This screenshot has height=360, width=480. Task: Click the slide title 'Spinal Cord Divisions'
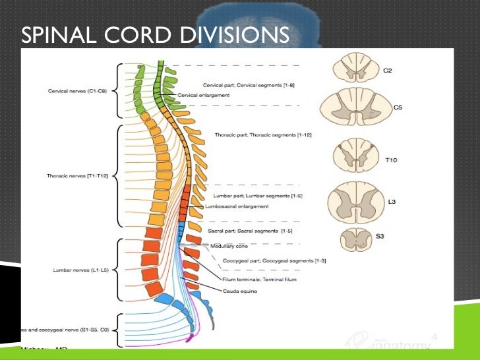click(155, 34)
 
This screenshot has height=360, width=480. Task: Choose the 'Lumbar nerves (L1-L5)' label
click(80, 270)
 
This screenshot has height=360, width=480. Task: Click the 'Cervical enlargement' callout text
click(204, 95)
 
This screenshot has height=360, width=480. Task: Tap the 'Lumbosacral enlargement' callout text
click(237, 206)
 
